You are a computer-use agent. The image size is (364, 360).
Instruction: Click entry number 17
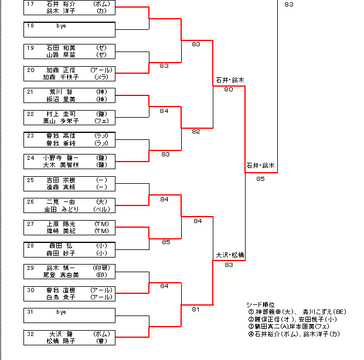tap(30, 4)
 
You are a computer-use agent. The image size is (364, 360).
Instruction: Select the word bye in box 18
tap(60, 26)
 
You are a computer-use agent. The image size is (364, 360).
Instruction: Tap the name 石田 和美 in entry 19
tap(60, 47)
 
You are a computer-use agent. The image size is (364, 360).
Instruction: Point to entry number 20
tap(30, 70)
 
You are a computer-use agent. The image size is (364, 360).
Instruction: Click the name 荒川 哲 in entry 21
tap(60, 92)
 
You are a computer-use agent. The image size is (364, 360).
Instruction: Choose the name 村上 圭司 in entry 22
tap(60, 114)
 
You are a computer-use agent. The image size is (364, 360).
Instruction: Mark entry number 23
tap(30, 135)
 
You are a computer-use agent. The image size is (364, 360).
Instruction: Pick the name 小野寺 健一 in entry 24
tap(60, 157)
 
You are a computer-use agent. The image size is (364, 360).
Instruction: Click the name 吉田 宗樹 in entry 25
tap(60, 180)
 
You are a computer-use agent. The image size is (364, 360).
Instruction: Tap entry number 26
tap(30, 201)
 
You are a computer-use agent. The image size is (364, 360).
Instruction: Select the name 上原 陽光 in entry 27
tap(60, 224)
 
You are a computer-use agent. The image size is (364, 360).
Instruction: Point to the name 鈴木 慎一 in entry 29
tap(60, 268)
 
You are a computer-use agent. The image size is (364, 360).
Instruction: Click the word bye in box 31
tap(60, 312)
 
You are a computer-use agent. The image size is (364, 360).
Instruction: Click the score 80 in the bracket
tap(229, 90)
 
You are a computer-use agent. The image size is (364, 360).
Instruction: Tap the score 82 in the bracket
tap(196, 132)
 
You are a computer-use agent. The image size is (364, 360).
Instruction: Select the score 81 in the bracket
tap(196, 309)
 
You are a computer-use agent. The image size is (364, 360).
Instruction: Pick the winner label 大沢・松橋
tap(229, 255)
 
